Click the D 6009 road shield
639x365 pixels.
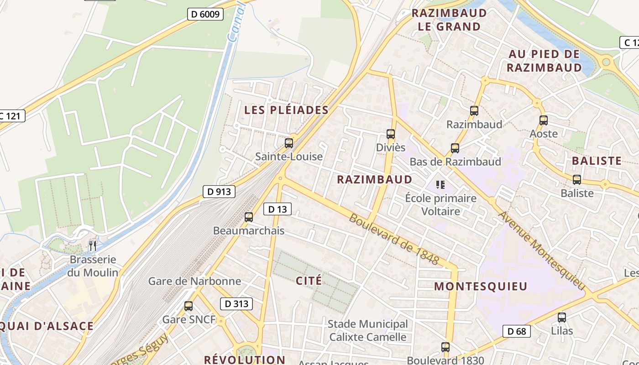pos(205,14)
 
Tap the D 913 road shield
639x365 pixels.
pos(219,192)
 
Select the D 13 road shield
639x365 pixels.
pos(277,209)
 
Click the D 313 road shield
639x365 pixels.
pos(236,303)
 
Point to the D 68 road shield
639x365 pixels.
pos(517,331)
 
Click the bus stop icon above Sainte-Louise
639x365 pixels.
pos(288,143)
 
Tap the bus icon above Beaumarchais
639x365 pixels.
pos(248,217)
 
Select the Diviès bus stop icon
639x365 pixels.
pos(390,134)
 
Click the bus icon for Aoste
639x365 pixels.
pos(543,120)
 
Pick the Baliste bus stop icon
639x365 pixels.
pos(577,179)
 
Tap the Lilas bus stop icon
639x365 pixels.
pos(561,317)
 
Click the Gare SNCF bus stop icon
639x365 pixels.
pos(188,306)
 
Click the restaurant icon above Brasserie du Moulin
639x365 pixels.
pos(92,246)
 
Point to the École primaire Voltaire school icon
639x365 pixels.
pos(440,185)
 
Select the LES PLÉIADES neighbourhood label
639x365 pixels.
pos(286,110)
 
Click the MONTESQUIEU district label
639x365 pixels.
pos(480,287)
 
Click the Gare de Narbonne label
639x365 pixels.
pos(194,281)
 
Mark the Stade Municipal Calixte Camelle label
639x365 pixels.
pos(367,331)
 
